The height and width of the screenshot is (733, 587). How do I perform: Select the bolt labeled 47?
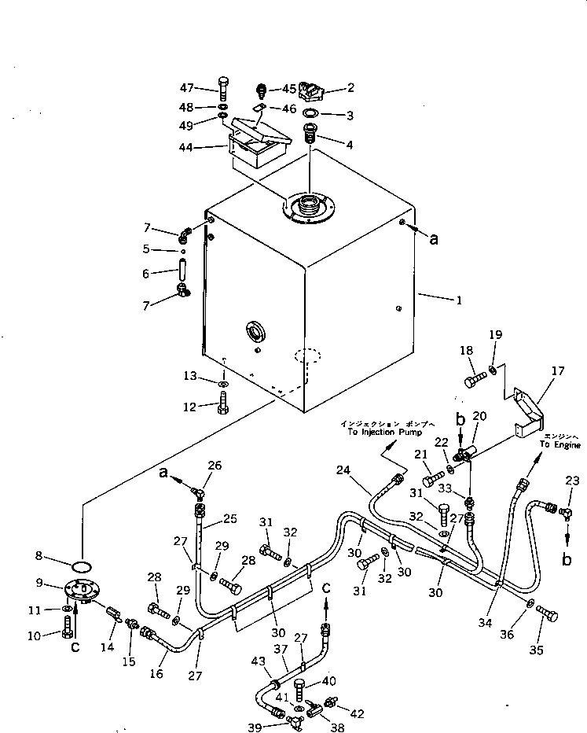[x=223, y=89]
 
